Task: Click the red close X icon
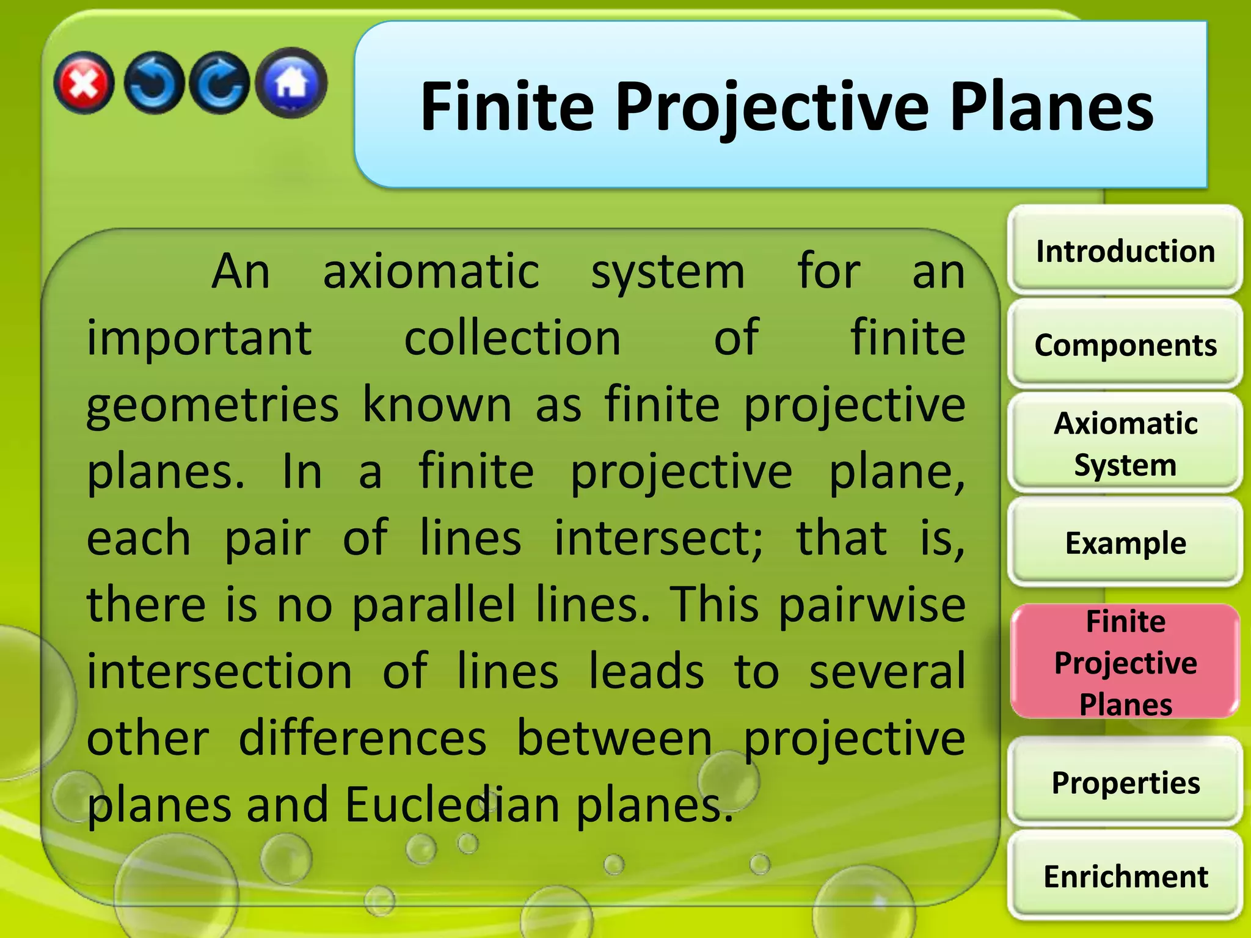[x=84, y=83]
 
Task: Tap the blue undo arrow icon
[x=153, y=83]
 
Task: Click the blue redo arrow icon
[x=219, y=83]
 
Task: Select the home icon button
[x=291, y=82]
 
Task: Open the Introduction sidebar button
[x=1125, y=251]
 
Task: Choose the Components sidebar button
[x=1125, y=345]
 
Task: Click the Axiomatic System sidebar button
[x=1125, y=444]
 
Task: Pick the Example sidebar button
[x=1125, y=543]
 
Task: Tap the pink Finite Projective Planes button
[x=1125, y=662]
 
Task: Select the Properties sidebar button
[x=1125, y=782]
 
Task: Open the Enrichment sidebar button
[x=1125, y=876]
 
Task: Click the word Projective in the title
[x=772, y=109]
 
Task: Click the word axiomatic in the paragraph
[x=431, y=272]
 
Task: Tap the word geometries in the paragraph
[x=212, y=405]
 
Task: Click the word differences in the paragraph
[x=362, y=738]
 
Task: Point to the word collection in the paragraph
[x=512, y=338]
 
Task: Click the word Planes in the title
[x=1051, y=109]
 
